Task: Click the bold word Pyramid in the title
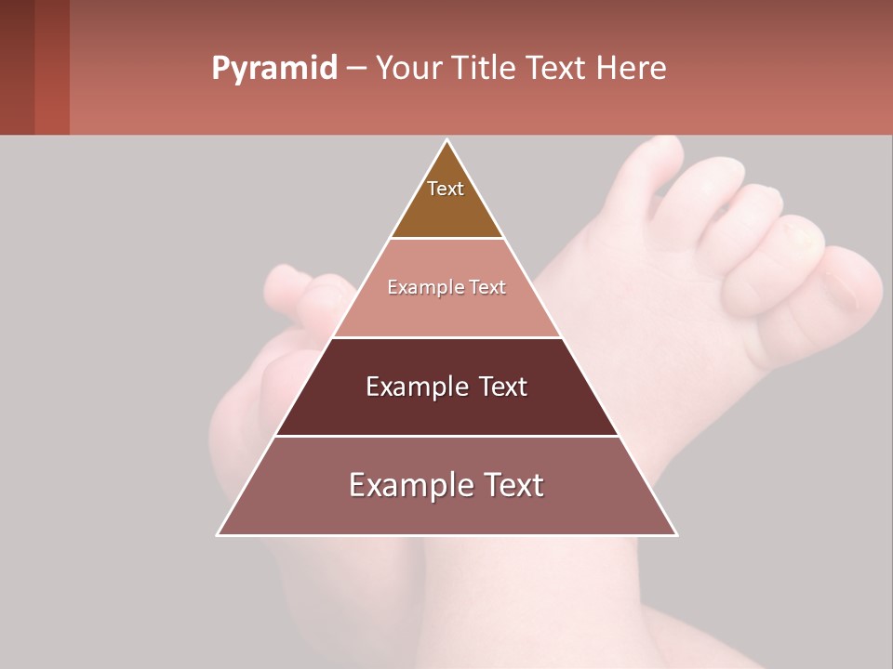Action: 273,69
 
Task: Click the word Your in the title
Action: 409,68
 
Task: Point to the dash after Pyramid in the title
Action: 356,69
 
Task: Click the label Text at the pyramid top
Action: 446,189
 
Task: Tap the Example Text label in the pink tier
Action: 446,287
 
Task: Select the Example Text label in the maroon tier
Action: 446,387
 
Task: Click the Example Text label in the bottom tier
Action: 446,485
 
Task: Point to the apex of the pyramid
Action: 447,140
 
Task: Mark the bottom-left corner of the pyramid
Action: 218,535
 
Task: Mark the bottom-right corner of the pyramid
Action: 676,535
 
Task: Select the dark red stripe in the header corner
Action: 51,67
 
